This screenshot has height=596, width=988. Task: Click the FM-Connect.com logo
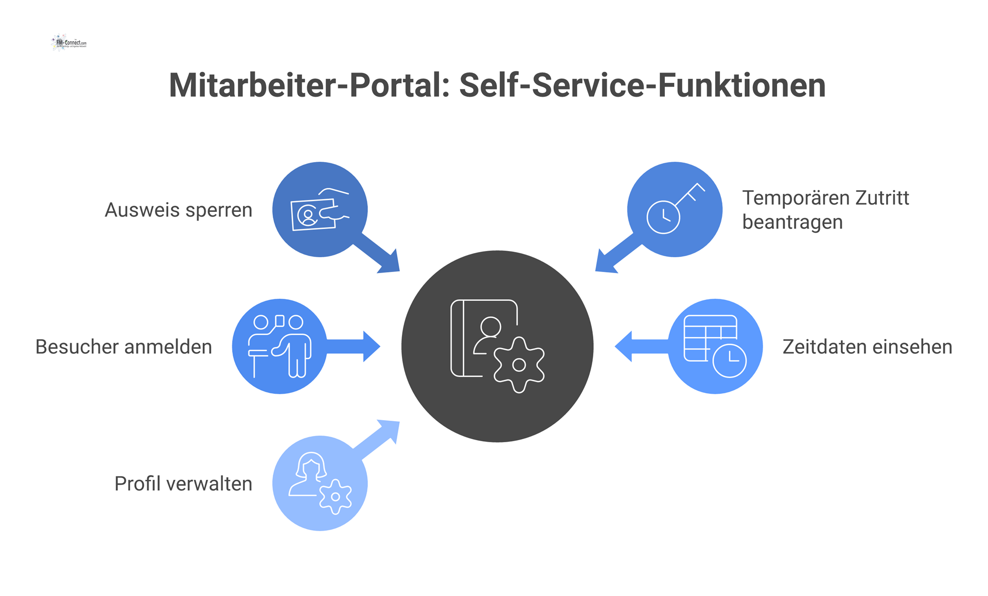[69, 43]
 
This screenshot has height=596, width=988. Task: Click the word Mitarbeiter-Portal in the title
[309, 85]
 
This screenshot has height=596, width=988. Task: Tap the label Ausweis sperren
[178, 210]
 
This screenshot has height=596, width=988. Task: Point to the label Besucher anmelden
[123, 347]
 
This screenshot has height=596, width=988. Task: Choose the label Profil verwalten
[183, 483]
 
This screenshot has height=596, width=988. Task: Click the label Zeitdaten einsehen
[867, 347]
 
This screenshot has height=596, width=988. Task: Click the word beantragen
[792, 222]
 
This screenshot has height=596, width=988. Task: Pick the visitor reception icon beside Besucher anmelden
[279, 346]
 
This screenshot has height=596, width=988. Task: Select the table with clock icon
[715, 346]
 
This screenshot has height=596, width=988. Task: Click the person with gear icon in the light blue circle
[320, 483]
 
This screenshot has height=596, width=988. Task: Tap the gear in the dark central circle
[519, 365]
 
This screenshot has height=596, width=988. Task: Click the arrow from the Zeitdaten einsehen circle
[641, 347]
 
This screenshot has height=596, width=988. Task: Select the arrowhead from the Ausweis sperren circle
[390, 263]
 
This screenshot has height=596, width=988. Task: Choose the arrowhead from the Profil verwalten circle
[390, 430]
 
